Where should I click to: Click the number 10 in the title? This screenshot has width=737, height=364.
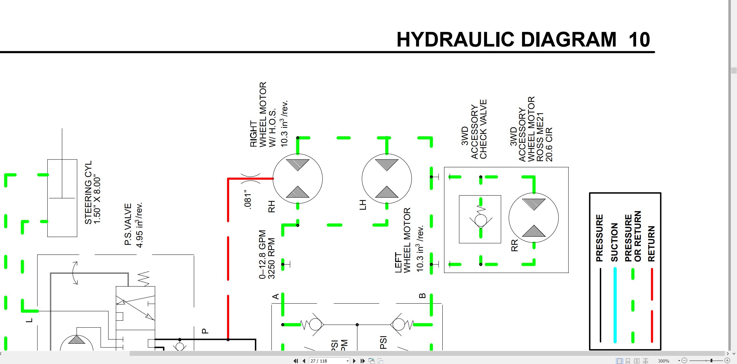tap(639, 40)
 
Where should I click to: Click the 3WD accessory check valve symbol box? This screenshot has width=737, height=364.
tap(459, 219)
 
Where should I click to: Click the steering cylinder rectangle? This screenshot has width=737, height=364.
tap(48, 198)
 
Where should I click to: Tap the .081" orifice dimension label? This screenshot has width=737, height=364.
tap(247, 199)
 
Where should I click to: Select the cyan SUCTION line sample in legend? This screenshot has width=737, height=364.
tap(615, 305)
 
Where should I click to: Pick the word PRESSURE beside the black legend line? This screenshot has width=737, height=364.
tap(599, 238)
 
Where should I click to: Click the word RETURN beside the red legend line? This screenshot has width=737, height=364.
tap(651, 244)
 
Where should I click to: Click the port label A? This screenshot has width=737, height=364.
tap(276, 296)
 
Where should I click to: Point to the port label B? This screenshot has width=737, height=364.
tap(422, 296)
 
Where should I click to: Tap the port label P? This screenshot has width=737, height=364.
tap(205, 331)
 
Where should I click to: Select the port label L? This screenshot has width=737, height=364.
tap(29, 320)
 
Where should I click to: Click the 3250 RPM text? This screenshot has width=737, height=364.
tap(271, 258)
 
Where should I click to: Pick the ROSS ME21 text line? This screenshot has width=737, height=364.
tap(540, 137)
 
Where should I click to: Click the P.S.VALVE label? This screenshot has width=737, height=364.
tap(128, 224)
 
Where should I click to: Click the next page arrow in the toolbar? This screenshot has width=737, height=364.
tap(354, 361)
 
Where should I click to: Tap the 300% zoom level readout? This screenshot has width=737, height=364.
tap(664, 361)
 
